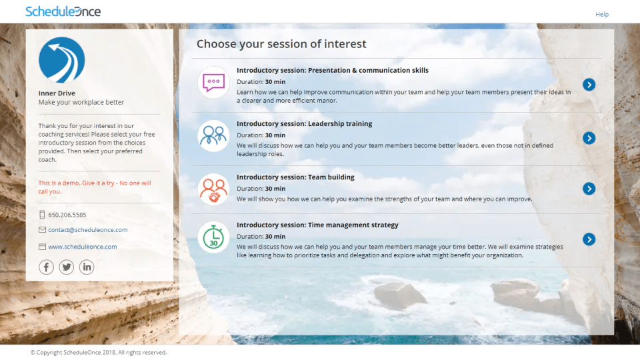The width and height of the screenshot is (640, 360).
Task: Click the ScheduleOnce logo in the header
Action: (x=63, y=11)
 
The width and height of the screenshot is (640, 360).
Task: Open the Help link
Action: (x=601, y=14)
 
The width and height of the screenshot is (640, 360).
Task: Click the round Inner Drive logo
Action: (x=61, y=60)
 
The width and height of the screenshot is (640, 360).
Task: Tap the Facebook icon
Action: (x=46, y=267)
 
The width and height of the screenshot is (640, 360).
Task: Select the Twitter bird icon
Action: (x=66, y=267)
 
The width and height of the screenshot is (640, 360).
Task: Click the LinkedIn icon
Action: (x=87, y=267)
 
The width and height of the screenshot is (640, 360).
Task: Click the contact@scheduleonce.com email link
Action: (x=88, y=230)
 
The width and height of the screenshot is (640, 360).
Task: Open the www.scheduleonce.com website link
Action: (x=83, y=247)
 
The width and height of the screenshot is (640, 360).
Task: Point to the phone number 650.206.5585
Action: (x=67, y=215)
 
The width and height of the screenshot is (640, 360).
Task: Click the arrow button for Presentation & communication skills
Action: (x=589, y=85)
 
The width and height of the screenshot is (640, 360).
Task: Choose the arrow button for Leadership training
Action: (x=589, y=138)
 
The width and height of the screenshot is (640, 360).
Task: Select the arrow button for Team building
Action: (x=589, y=189)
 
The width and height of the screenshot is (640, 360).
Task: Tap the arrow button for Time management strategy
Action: (x=589, y=239)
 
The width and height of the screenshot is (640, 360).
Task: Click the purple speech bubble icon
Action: (x=213, y=83)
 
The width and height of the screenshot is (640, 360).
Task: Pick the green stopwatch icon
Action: (x=213, y=237)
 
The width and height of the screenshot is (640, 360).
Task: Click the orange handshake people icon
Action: (x=213, y=189)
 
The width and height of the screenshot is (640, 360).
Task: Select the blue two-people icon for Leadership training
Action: (x=213, y=136)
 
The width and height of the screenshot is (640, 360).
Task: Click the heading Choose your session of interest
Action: (x=281, y=44)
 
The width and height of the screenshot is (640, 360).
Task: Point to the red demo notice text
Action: (x=95, y=187)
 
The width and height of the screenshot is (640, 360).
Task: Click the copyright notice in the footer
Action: (x=99, y=352)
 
